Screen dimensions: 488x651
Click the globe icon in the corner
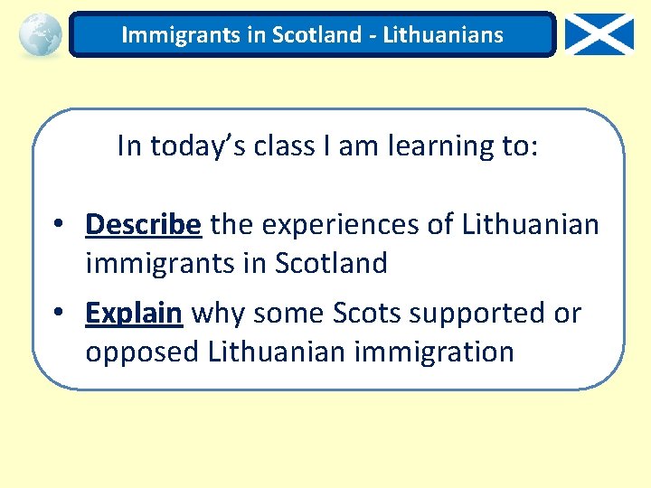(40, 34)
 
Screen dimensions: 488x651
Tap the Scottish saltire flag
(599, 35)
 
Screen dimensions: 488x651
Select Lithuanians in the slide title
(443, 35)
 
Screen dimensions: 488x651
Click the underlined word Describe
(143, 224)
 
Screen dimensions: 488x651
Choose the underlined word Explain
(134, 313)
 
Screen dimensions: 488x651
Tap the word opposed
(142, 352)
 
